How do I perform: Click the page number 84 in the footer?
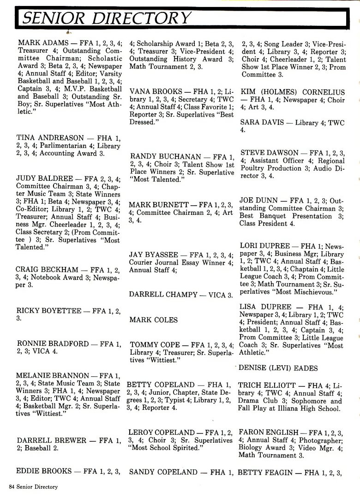click(12, 486)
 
